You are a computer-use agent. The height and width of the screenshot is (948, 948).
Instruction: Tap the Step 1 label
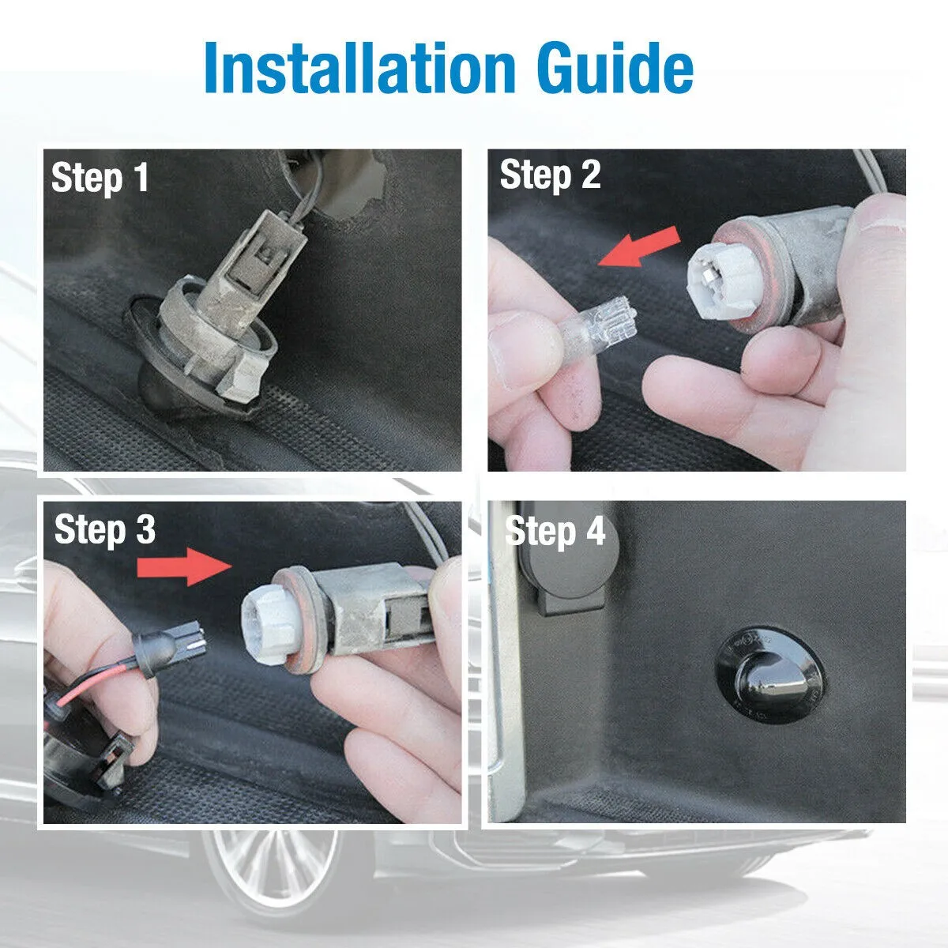100,179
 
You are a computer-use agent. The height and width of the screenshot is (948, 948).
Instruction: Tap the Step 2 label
550,176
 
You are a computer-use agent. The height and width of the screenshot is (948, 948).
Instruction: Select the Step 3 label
105,531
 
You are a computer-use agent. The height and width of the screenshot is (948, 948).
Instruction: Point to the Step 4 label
555,532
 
